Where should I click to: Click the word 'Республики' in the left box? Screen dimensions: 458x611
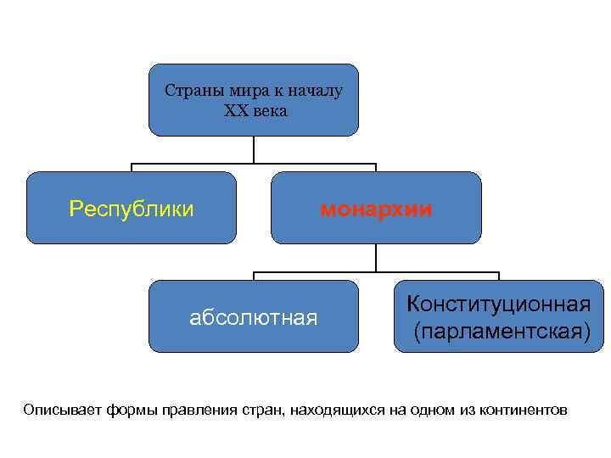131,208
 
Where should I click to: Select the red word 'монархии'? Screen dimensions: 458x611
376,208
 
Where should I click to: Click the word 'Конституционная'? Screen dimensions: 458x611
498,303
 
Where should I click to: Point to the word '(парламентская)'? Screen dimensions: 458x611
502,329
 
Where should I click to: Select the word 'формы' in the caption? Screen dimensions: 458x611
132,411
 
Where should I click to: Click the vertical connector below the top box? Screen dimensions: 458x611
254,149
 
